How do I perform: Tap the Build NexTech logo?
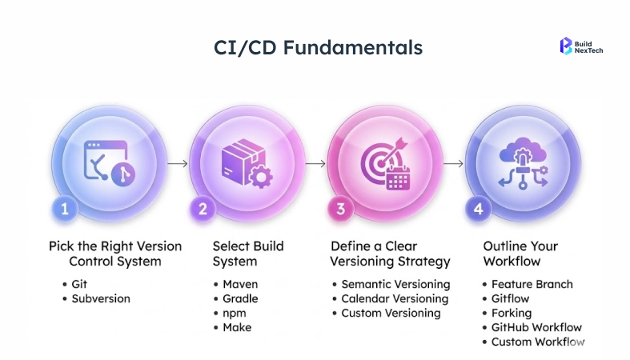click(x=582, y=46)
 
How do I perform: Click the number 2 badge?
click(x=202, y=209)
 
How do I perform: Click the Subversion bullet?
click(x=100, y=298)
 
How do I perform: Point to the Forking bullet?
click(x=512, y=313)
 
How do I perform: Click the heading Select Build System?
click(x=248, y=253)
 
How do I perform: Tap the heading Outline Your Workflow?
click(x=521, y=253)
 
